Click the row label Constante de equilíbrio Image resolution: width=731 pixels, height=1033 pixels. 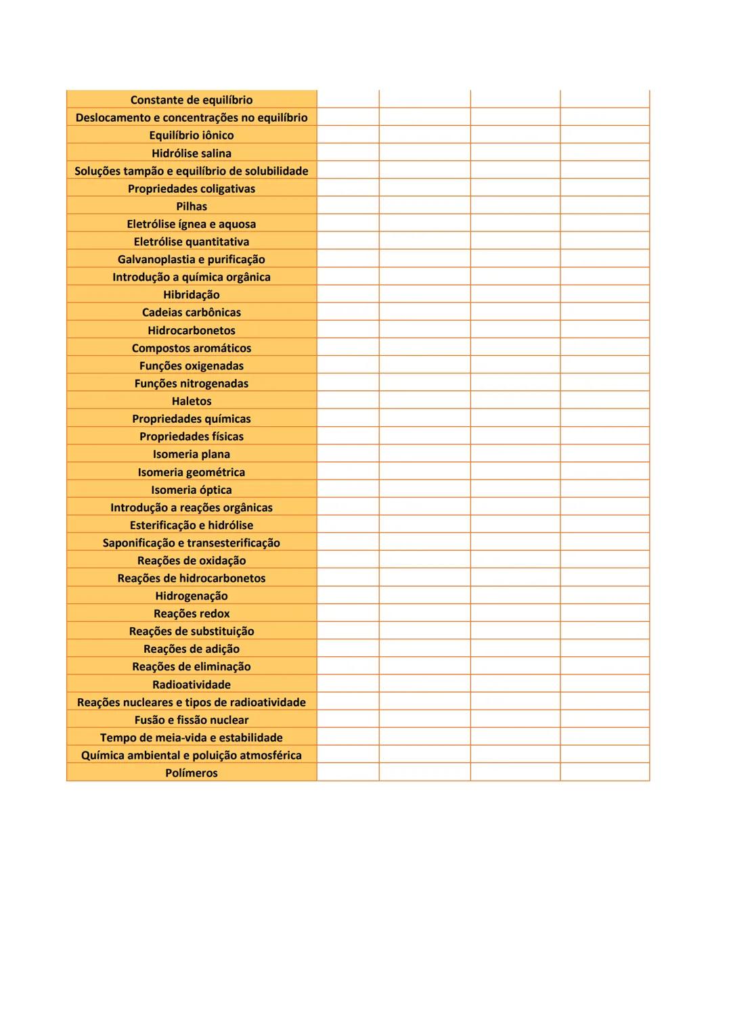click(x=192, y=100)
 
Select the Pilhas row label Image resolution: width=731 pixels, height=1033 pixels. click(x=192, y=206)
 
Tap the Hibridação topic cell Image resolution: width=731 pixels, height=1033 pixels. click(x=192, y=295)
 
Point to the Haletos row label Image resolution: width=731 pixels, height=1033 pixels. click(x=192, y=401)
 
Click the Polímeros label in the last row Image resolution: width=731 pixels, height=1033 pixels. click(x=192, y=773)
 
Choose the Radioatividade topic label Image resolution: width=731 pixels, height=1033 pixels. click(x=192, y=685)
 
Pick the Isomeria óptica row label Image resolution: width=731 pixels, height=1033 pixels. click(x=192, y=490)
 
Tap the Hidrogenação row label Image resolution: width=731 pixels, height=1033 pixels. click(x=192, y=596)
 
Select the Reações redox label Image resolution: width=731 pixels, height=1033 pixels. click(x=192, y=614)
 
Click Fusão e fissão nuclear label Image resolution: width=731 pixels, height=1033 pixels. click(x=192, y=720)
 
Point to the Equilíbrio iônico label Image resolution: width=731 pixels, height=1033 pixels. click(x=192, y=135)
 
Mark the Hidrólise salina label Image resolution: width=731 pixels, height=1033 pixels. click(x=192, y=154)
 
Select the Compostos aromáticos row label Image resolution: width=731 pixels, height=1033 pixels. click(x=192, y=348)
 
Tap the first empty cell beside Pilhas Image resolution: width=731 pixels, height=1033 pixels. click(x=348, y=206)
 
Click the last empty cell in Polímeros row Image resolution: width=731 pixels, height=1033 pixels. click(x=604, y=773)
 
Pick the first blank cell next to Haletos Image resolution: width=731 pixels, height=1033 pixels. click(x=348, y=401)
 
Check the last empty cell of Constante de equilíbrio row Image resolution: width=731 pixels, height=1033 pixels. click(x=604, y=99)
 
